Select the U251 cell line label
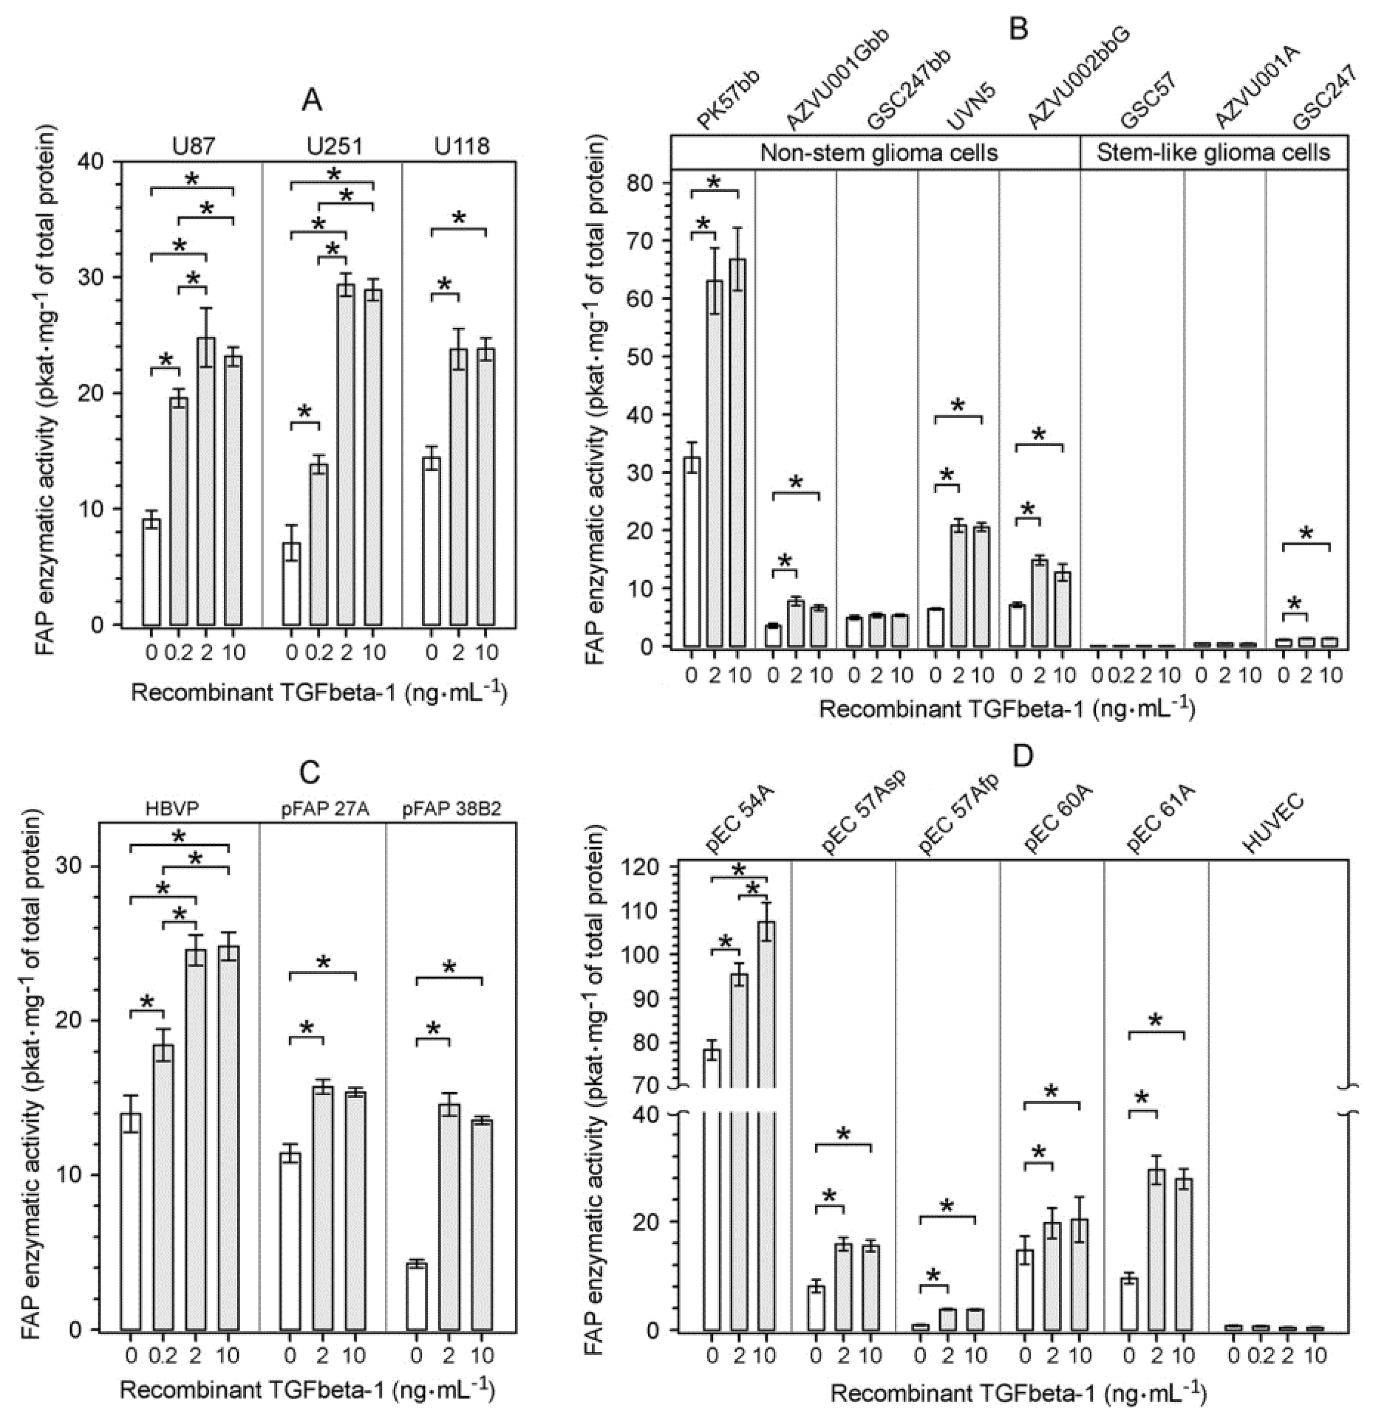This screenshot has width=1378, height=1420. pos(334,147)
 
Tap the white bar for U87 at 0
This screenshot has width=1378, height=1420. pos(152,572)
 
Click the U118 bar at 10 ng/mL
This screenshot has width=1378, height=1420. pos(486,486)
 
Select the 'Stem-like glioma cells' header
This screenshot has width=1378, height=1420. pos(1212,153)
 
